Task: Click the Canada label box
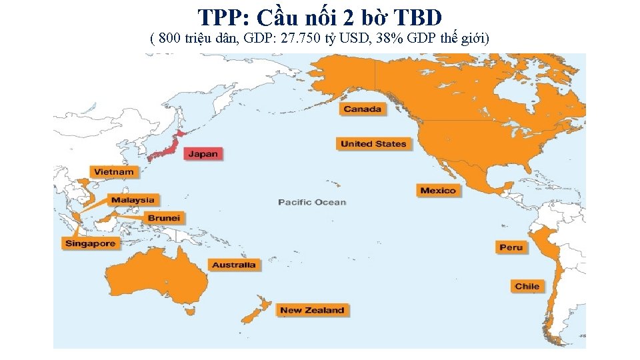click(x=363, y=109)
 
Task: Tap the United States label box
click(x=373, y=144)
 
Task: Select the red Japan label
click(x=203, y=154)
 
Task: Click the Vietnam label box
click(x=114, y=172)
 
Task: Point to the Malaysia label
click(x=133, y=200)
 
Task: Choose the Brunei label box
click(x=164, y=218)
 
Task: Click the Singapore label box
click(x=91, y=243)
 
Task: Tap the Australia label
click(x=233, y=265)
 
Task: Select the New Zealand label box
click(x=312, y=310)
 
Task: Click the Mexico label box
click(x=438, y=191)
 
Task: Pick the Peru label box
click(x=511, y=247)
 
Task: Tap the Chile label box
click(x=527, y=286)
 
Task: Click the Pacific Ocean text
click(x=312, y=202)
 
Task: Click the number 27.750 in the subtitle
click(x=301, y=39)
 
